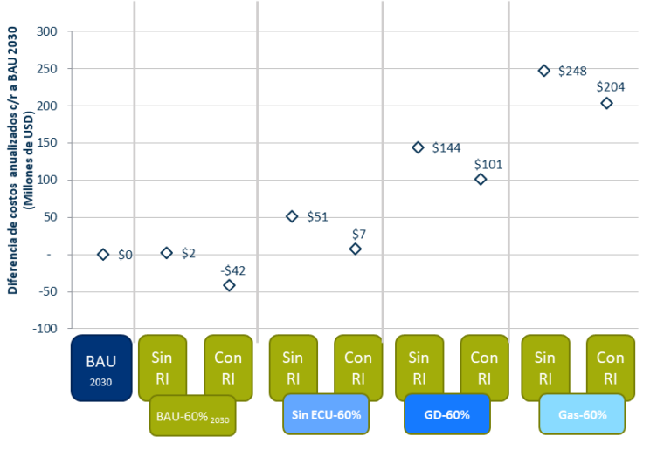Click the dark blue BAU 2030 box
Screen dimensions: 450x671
point(100,368)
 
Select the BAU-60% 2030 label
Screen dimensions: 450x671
point(193,416)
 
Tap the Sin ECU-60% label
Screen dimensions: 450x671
point(326,414)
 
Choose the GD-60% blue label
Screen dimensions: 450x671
point(446,414)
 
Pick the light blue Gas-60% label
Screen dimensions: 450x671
point(582,414)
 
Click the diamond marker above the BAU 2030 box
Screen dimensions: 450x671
point(103,255)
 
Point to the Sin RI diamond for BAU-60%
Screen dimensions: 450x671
point(167,253)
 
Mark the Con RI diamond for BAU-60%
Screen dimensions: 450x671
point(229,284)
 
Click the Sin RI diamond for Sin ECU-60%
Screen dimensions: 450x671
point(292,216)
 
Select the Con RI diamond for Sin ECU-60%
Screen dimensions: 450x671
point(355,249)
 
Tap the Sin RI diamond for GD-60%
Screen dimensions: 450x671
point(418,148)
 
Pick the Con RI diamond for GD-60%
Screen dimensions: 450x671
point(481,179)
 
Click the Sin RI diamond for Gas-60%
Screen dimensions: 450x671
point(544,71)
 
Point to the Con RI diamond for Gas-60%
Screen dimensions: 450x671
point(606,104)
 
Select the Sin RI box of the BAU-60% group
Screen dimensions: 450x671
point(162,366)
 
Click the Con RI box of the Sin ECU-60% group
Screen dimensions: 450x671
point(357,366)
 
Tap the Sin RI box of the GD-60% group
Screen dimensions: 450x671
point(419,366)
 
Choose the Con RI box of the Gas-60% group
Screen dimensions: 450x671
point(610,366)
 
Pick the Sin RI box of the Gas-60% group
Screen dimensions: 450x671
point(544,366)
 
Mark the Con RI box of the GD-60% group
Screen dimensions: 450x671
point(484,366)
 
